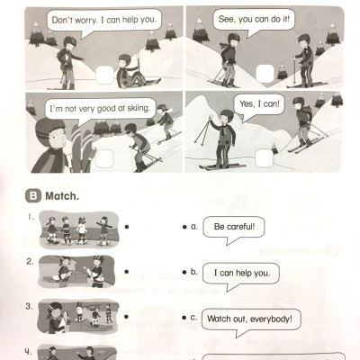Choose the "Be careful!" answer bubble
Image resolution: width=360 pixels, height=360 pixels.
click(x=234, y=228)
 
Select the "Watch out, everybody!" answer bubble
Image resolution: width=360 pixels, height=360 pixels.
click(x=255, y=319)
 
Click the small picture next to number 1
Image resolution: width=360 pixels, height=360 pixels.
click(x=79, y=229)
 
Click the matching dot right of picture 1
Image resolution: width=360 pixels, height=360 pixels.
click(x=130, y=229)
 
